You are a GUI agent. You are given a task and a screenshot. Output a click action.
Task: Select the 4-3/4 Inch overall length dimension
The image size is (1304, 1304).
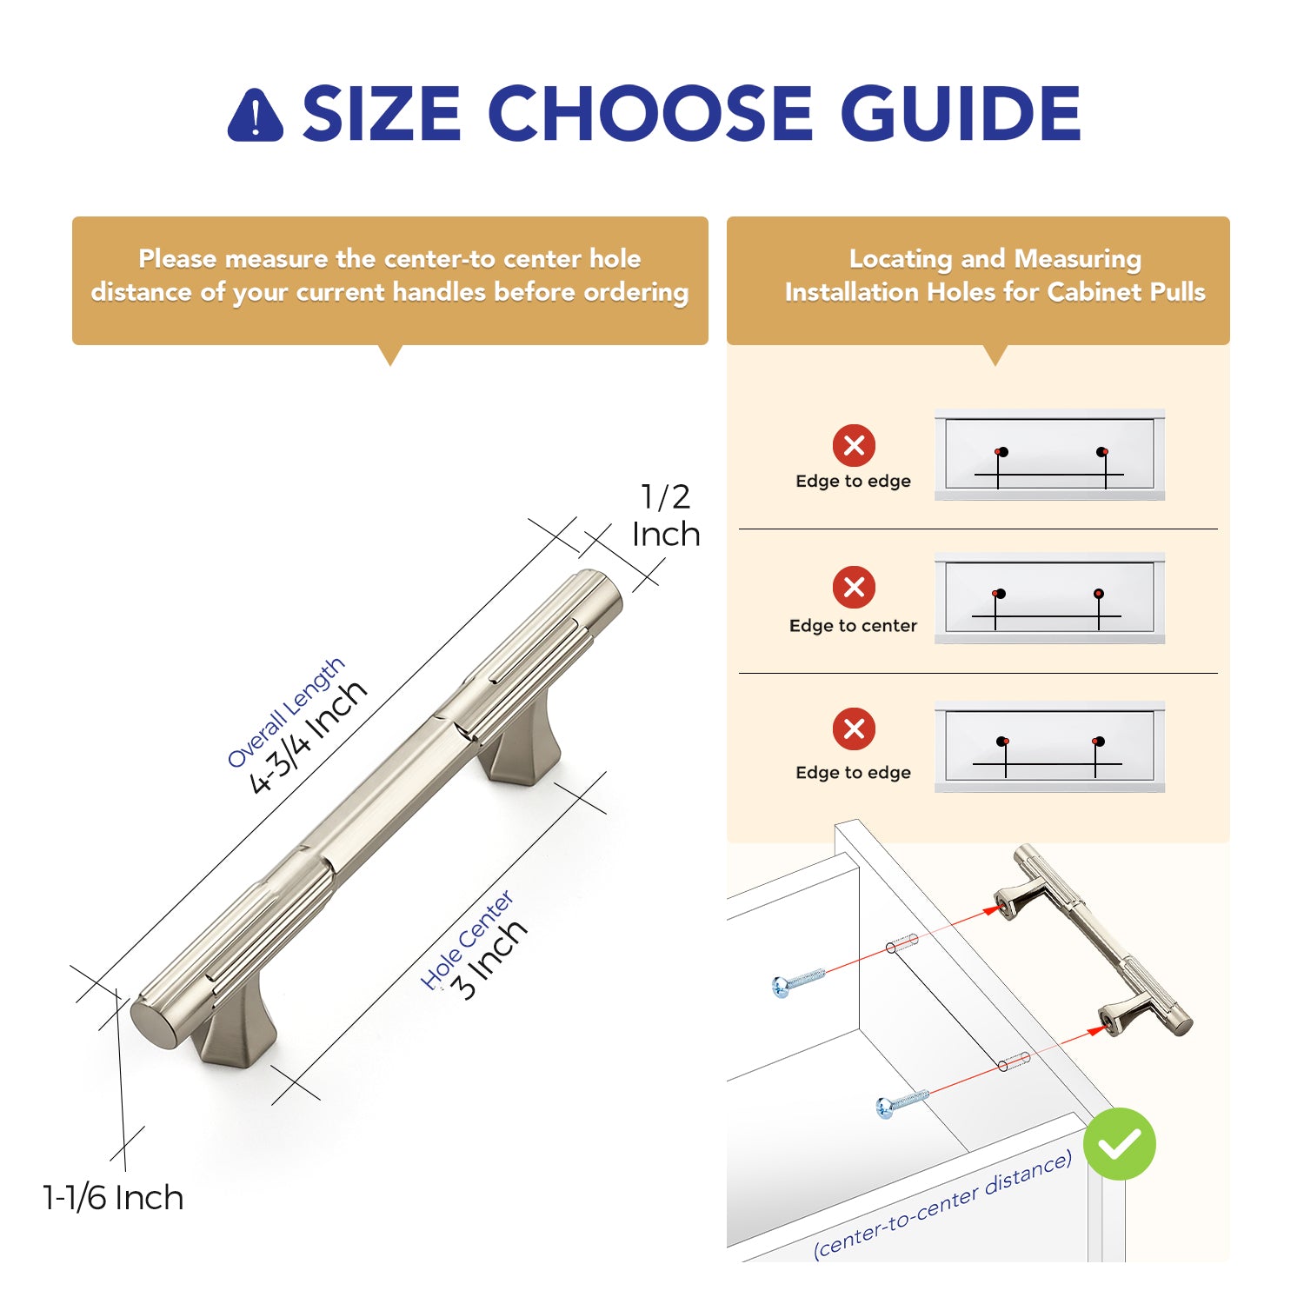click(x=309, y=736)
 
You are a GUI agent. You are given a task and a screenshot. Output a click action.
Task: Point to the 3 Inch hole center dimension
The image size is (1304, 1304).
click(x=489, y=959)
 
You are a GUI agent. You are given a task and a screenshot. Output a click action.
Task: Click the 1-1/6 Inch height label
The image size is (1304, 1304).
click(x=113, y=1198)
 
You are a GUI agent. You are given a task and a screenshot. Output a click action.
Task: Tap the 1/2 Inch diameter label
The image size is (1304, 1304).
click(x=666, y=516)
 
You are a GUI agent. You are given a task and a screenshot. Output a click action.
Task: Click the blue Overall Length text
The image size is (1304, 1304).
click(x=286, y=712)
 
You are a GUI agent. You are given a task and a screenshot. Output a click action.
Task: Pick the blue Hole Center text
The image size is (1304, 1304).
click(x=467, y=940)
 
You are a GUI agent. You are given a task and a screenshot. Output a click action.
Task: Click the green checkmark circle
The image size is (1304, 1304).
click(x=1120, y=1144)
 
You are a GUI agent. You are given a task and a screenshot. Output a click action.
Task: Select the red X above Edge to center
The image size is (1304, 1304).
click(x=854, y=587)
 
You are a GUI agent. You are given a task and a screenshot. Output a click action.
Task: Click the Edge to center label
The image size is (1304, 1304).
click(x=853, y=626)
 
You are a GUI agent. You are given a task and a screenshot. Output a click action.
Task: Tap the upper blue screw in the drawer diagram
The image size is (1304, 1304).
click(x=797, y=981)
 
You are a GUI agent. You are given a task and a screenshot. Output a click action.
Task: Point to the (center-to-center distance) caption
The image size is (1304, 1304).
click(x=942, y=1205)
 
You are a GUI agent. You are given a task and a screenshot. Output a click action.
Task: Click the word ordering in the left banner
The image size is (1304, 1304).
click(x=636, y=293)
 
